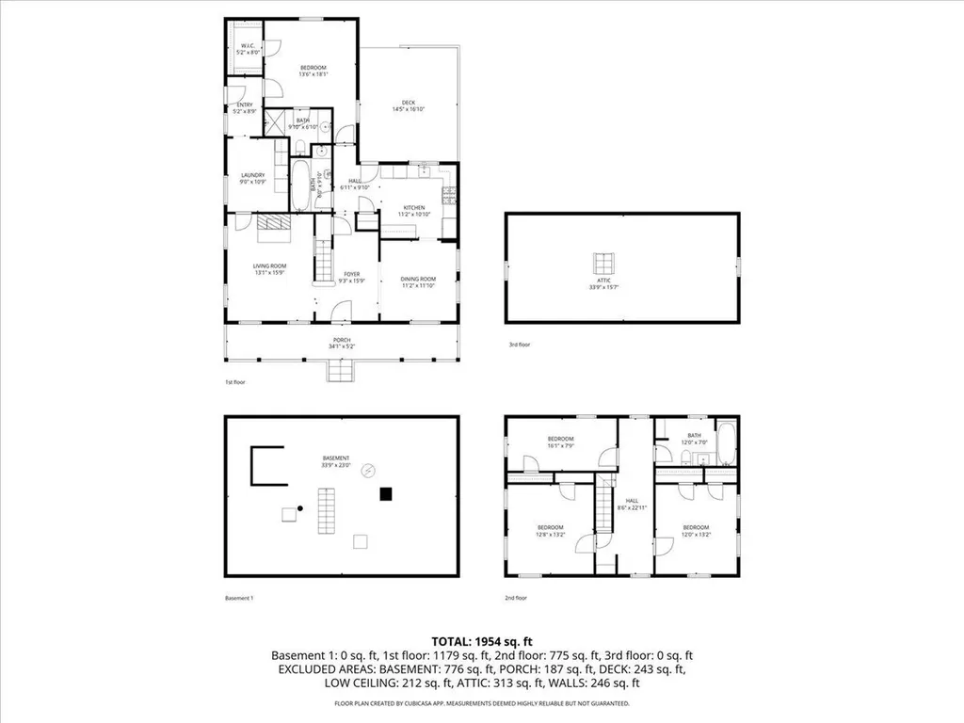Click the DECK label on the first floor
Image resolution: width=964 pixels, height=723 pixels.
click(x=409, y=105)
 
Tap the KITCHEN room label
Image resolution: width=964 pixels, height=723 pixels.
click(x=415, y=210)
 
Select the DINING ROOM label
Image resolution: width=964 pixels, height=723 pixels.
click(x=419, y=281)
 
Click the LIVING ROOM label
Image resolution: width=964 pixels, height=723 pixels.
click(x=269, y=269)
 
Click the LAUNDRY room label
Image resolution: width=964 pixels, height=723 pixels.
click(x=252, y=177)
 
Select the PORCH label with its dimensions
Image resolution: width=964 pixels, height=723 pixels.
click(x=342, y=343)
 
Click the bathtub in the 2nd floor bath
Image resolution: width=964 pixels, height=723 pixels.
click(x=726, y=445)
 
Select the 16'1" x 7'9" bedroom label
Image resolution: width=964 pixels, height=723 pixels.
click(x=561, y=442)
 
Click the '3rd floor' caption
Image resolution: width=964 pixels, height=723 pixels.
click(x=520, y=345)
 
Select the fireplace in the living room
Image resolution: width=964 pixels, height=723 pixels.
click(x=274, y=222)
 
